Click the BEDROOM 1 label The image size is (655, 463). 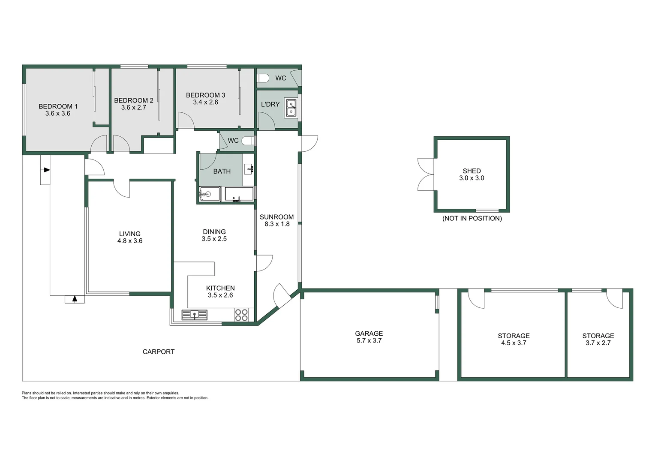[58, 106]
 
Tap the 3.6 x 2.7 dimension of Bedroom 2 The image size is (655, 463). [133, 108]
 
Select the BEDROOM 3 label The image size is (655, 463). [205, 95]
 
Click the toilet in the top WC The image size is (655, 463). [263, 78]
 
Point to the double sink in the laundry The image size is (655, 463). [291, 108]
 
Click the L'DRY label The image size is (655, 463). [270, 104]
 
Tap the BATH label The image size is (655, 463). [222, 171]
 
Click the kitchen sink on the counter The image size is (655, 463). [194, 315]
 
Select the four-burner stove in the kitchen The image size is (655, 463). [241, 315]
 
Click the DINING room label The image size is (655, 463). [214, 232]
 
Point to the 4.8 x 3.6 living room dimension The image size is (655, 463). [129, 241]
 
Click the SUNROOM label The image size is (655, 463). [276, 217]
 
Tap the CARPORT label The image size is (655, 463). [158, 352]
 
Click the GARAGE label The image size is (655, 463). [369, 334]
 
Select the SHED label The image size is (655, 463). [472, 171]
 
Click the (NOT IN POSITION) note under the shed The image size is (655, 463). [472, 219]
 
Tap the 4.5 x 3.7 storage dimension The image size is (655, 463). [514, 343]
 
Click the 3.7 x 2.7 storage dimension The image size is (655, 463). [598, 343]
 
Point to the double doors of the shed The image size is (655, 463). [426, 174]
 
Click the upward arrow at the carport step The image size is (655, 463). [75, 299]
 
